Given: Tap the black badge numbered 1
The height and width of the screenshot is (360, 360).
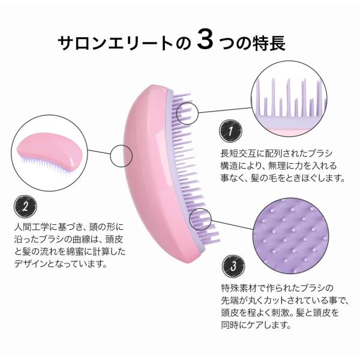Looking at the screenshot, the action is pyautogui.click(x=230, y=131).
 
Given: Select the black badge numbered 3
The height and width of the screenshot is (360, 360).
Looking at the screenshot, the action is pyautogui.click(x=233, y=266).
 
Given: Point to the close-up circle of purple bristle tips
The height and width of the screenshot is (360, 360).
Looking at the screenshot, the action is pyautogui.click(x=290, y=236).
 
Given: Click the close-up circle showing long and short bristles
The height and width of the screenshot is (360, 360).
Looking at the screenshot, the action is pyautogui.click(x=289, y=99).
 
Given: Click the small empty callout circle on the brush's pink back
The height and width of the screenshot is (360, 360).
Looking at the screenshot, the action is pyautogui.click(x=121, y=156).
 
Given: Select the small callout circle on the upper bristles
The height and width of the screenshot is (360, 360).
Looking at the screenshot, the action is pyautogui.click(x=187, y=113).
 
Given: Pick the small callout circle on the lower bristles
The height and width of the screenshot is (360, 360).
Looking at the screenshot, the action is pyautogui.click(x=200, y=219).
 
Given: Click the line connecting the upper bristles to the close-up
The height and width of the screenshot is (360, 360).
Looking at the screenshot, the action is pyautogui.click(x=225, y=110).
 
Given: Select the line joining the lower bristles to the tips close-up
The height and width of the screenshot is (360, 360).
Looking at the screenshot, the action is pyautogui.click(x=232, y=225).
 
